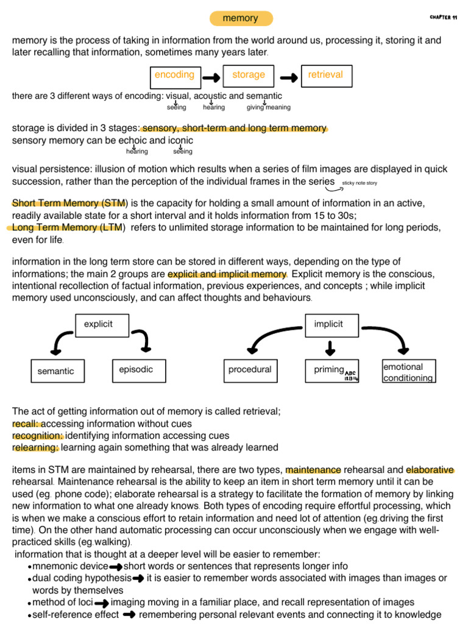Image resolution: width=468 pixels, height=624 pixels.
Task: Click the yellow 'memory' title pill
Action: coord(240,18)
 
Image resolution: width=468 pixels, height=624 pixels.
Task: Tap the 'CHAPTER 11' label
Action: coord(443,17)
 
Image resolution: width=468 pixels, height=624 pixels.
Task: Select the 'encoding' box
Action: coord(175,76)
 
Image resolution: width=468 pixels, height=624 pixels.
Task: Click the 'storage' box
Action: coord(249,76)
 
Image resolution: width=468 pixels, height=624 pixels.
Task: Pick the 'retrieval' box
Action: coord(325,76)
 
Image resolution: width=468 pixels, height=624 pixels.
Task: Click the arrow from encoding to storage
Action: coord(211,77)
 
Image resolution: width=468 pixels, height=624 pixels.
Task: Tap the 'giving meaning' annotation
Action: coord(268,108)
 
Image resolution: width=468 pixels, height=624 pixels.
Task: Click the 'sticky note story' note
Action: coord(360,183)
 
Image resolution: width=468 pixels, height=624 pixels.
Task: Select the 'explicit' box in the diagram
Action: coord(99,325)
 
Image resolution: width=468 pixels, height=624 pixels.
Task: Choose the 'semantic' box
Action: coord(56,371)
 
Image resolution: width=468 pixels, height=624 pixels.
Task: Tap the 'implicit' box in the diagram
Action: coord(328,325)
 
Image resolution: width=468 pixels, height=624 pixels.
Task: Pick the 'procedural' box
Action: coord(250,370)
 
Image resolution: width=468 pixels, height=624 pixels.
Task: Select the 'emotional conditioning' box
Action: coord(408,372)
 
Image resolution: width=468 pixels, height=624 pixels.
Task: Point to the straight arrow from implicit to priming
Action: coord(330,347)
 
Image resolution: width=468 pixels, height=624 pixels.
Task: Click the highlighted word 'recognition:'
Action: coord(38,436)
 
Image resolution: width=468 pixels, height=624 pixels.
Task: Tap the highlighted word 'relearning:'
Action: coord(35,448)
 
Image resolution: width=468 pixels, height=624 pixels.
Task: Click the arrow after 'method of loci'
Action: coord(102,603)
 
